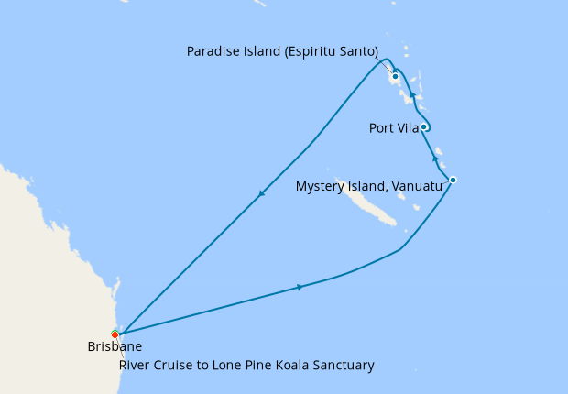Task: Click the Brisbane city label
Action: pos(115,347)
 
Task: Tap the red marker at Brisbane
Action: pos(115,334)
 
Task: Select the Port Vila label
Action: pos(394,127)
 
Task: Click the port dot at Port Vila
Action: pos(424,127)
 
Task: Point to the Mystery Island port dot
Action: pos(453,180)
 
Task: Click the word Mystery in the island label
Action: pos(321,186)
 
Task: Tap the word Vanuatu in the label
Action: pos(417,186)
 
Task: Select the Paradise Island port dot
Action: pos(395,76)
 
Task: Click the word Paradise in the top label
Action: pos(212,51)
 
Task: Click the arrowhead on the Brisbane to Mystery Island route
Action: pos(300,288)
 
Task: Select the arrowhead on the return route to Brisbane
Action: pos(262,193)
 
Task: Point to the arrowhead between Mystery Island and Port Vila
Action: pos(434,158)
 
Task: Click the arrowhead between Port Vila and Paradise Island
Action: pos(412,95)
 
